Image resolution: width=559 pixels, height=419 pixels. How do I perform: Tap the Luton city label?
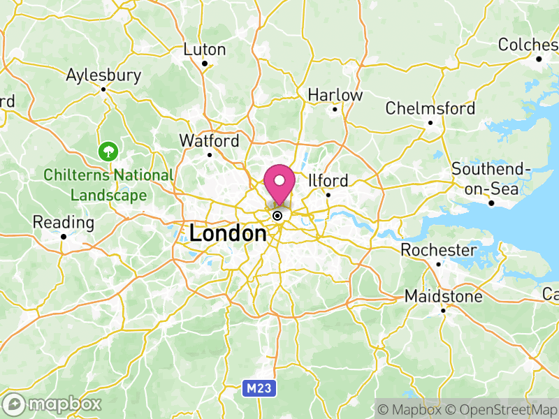click(x=205, y=50)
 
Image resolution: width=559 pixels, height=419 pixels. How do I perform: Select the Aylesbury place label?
click(x=103, y=75)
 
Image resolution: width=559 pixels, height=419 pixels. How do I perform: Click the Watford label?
click(x=209, y=140)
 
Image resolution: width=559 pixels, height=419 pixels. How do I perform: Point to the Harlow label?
click(x=335, y=95)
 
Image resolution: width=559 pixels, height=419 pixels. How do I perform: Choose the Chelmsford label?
click(x=430, y=108)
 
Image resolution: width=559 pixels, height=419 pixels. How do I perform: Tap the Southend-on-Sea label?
click(x=491, y=179)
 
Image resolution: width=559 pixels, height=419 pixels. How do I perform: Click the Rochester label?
click(x=439, y=250)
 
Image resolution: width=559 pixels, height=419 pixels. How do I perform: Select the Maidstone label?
click(x=444, y=297)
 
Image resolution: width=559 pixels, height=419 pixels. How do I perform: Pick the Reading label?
click(x=63, y=223)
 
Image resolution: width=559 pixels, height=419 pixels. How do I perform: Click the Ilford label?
click(x=328, y=180)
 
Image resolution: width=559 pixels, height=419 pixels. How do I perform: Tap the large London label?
click(x=228, y=233)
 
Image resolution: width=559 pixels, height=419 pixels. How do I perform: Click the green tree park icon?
click(x=108, y=150)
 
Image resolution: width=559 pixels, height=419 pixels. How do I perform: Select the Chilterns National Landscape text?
click(x=108, y=185)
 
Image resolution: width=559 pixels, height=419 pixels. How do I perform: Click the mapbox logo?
click(x=53, y=404)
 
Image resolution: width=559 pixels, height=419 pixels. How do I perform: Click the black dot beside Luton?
click(x=205, y=64)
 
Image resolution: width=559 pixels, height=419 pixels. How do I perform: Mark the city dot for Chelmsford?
click(x=430, y=123)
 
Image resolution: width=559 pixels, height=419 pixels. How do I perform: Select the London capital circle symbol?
click(x=277, y=216)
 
